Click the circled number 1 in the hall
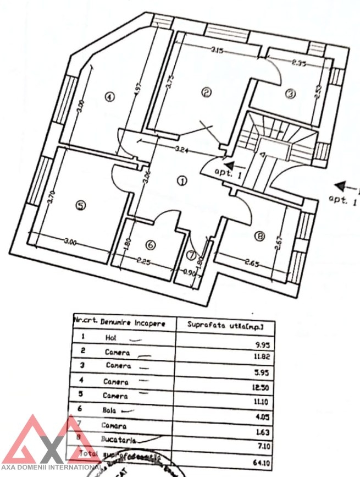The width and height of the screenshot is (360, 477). [182, 180]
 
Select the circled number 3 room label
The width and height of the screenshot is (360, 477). [291, 94]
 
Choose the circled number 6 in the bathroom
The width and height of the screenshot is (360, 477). [150, 245]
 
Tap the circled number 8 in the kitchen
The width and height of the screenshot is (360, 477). [259, 237]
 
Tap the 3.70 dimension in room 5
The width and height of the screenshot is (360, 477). [51, 196]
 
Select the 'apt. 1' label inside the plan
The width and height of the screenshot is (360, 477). [231, 174]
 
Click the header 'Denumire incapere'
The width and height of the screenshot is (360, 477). [132, 324]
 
